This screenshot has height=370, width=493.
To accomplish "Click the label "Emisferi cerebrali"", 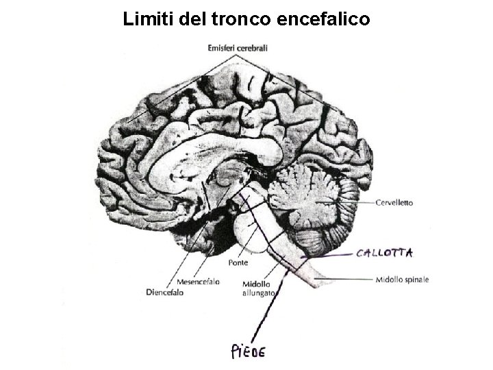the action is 238,48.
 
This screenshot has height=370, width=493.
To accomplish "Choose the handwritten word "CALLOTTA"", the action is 384,253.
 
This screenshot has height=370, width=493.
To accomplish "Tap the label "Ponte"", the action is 238,262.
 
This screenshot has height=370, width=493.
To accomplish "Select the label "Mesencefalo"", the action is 198,282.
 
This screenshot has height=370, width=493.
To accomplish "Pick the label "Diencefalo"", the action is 165,292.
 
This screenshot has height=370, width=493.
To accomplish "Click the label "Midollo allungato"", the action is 258,288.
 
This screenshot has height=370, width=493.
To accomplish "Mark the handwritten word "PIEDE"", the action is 247,351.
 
